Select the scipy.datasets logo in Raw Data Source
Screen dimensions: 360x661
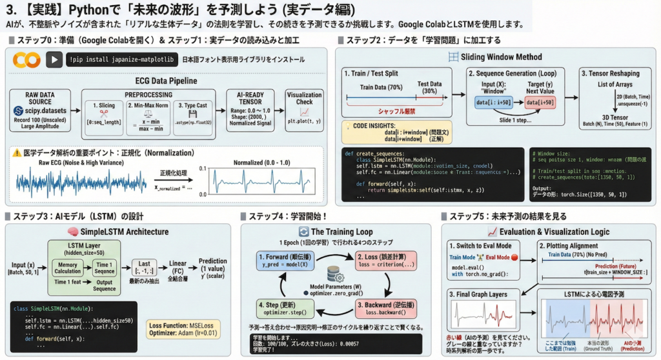click(21, 110)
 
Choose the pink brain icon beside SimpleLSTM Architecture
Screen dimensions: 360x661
click(64, 231)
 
